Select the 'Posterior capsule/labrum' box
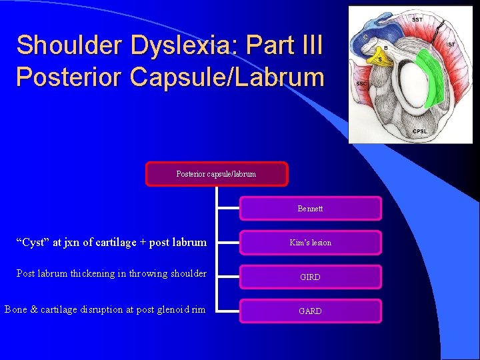(x=216, y=174)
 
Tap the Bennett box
(x=310, y=209)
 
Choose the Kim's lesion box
(x=310, y=243)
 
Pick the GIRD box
(x=310, y=277)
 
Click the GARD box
(x=310, y=311)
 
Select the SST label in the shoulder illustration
(x=417, y=20)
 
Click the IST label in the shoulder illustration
(x=451, y=44)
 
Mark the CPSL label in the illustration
(x=421, y=131)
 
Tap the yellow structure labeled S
(x=380, y=59)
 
